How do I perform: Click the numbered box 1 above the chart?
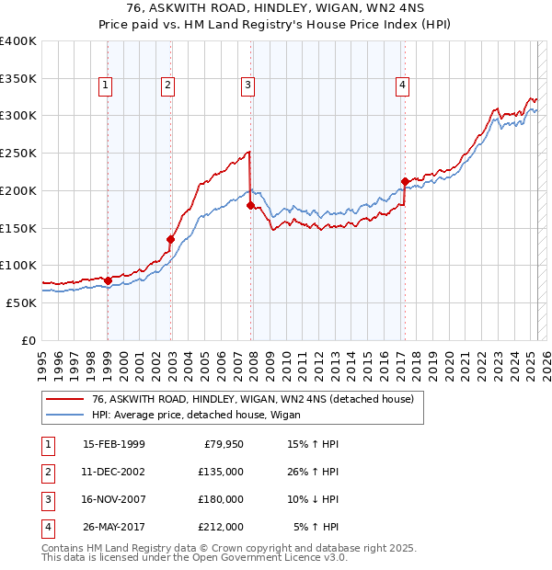[106, 86]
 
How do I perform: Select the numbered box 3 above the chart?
[248, 86]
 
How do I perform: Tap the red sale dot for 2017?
[405, 181]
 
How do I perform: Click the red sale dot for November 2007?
[250, 205]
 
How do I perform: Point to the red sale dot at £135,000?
[170, 239]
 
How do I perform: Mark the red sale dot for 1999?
[108, 280]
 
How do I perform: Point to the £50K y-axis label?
[21, 302]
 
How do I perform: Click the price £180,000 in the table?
[221, 499]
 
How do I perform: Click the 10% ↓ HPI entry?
[314, 499]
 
